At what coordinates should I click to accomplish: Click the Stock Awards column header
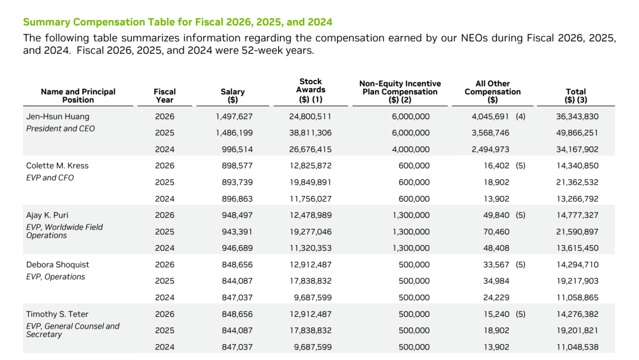pyautogui.click(x=311, y=90)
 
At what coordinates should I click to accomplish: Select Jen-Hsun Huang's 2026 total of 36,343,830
pyautogui.click(x=577, y=117)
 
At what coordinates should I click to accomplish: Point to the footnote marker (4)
pyautogui.click(x=521, y=117)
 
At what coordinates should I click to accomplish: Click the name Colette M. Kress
pyautogui.click(x=57, y=166)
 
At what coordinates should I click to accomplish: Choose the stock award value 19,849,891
pyautogui.click(x=311, y=182)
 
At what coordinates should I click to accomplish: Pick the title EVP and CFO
pyautogui.click(x=50, y=178)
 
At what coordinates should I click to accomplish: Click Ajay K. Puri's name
pyautogui.click(x=47, y=215)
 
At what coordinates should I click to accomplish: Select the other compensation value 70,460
pyautogui.click(x=496, y=232)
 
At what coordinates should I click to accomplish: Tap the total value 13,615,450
pyautogui.click(x=577, y=248)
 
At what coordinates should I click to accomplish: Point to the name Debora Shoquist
pyautogui.click(x=57, y=265)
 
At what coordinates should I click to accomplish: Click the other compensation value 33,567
pyautogui.click(x=496, y=265)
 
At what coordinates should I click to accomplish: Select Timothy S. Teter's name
pyautogui.click(x=57, y=314)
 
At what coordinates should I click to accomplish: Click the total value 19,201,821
pyautogui.click(x=577, y=330)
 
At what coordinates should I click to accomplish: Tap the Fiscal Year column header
pyautogui.click(x=164, y=96)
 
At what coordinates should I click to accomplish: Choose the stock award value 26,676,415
pyautogui.click(x=311, y=150)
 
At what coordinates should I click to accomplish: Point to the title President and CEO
pyautogui.click(x=60, y=128)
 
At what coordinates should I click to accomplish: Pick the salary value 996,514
pyautogui.click(x=237, y=150)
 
